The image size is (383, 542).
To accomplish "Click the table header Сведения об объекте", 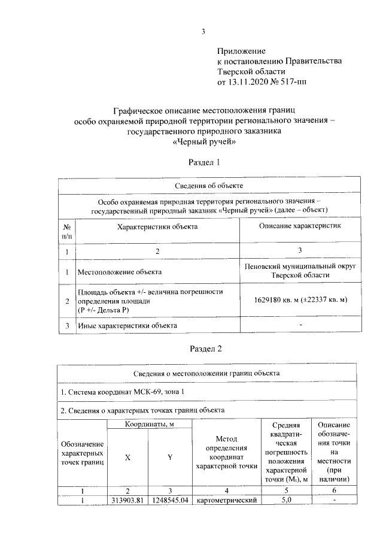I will (209, 186).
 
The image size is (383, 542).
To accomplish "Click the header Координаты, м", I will (149, 424).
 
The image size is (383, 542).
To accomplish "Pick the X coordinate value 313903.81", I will (127, 500).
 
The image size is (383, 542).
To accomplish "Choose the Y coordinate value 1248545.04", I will (170, 500).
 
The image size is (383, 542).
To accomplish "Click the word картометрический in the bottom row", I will (227, 500).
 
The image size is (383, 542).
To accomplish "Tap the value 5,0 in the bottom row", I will (285, 500).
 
